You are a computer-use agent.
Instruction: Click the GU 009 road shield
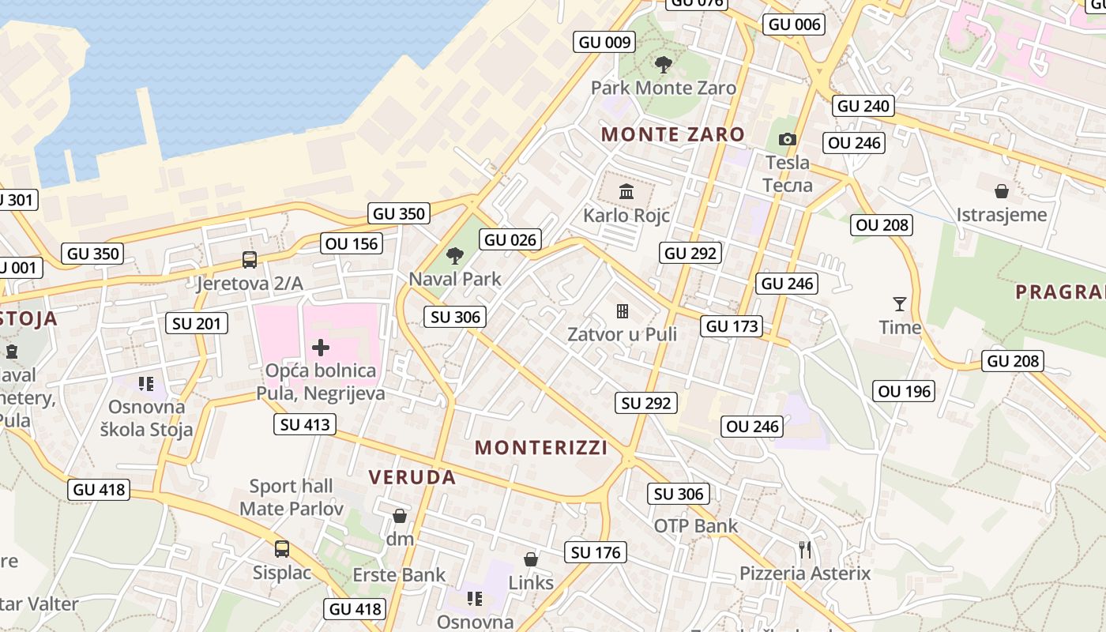click(605, 43)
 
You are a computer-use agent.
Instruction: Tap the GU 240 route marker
click(863, 106)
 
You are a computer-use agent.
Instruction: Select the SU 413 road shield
click(306, 424)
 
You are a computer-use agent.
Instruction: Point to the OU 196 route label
click(904, 391)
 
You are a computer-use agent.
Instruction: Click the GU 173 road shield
click(732, 326)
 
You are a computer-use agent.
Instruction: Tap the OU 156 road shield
click(352, 243)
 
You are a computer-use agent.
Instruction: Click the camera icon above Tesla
click(787, 140)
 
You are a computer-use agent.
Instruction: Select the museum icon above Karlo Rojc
click(626, 190)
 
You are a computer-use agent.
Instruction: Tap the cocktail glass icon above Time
click(899, 304)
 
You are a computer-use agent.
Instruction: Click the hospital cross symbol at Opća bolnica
click(321, 348)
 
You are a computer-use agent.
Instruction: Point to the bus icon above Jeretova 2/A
click(250, 259)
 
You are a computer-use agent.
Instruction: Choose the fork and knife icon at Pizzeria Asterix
click(805, 549)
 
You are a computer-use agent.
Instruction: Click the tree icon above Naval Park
click(454, 255)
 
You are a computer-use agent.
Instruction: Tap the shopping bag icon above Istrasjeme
click(1001, 191)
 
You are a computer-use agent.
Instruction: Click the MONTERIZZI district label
click(541, 448)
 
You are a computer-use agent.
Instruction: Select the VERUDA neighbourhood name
click(412, 477)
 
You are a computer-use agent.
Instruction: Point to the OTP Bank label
click(695, 525)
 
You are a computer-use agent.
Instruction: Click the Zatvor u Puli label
click(623, 334)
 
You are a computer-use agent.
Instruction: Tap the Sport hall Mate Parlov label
click(292, 497)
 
